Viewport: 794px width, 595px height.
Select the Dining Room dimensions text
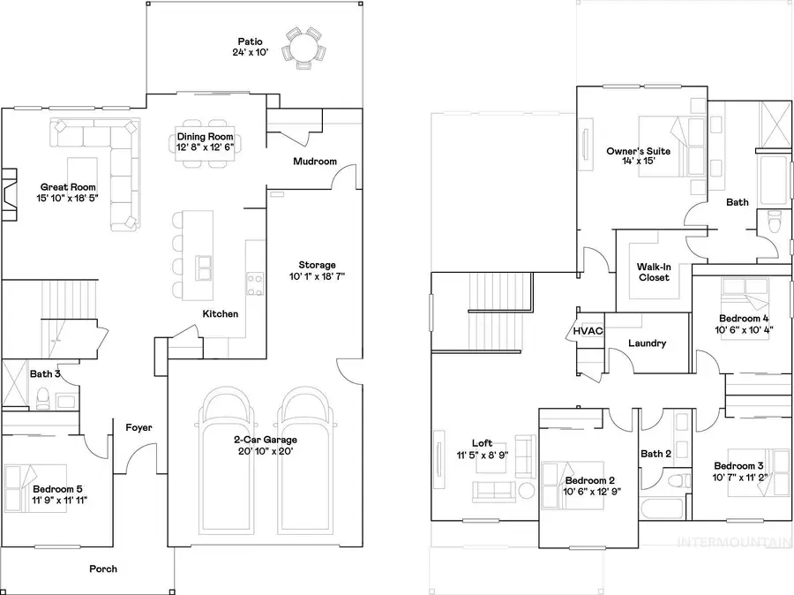(x=206, y=148)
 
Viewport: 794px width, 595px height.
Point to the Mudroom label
(x=315, y=162)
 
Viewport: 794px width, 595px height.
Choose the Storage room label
(x=317, y=265)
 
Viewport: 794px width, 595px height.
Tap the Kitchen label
(x=220, y=313)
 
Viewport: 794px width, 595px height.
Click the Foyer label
(x=139, y=428)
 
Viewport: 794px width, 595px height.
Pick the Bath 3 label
(x=45, y=374)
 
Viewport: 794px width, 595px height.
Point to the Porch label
(x=103, y=569)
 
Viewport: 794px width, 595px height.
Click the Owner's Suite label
(x=638, y=151)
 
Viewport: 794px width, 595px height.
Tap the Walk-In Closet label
(x=654, y=271)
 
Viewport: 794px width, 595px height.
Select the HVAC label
(x=588, y=331)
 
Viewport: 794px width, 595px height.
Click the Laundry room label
(x=647, y=343)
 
